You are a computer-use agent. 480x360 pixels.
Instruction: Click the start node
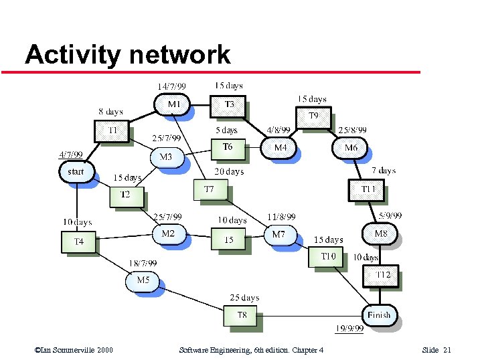tap(76, 172)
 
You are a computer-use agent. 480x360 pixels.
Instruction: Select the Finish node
tap(379, 314)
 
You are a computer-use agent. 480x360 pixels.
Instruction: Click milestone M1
tap(173, 104)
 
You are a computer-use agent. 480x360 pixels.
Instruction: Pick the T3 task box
tap(229, 104)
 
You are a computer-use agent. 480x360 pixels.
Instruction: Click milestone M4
tap(281, 147)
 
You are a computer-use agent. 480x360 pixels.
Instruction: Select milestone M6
tap(351, 148)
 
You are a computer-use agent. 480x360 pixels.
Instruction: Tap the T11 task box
tap(368, 190)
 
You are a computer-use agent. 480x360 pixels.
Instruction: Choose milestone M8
tap(380, 234)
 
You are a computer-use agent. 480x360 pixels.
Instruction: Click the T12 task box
tap(382, 275)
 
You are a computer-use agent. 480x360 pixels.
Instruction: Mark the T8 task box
tap(241, 314)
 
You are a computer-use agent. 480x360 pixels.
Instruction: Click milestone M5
tap(143, 280)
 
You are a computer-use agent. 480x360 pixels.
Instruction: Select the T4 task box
tap(79, 241)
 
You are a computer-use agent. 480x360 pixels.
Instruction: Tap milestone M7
tap(279, 235)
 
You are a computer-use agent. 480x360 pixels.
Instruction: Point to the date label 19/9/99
tap(349, 329)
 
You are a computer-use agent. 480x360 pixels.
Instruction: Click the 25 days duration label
tap(244, 298)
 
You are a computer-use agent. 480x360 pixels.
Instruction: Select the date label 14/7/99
tap(171, 86)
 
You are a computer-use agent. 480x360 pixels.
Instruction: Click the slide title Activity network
tap(127, 55)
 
